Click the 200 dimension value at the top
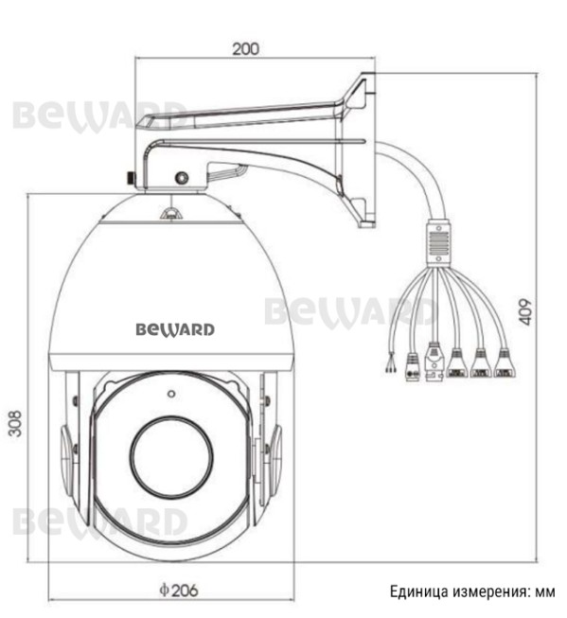[x=246, y=49]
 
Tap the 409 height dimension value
[x=525, y=312]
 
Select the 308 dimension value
[x=15, y=424]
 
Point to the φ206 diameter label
[x=179, y=590]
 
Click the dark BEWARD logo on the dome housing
[x=175, y=329]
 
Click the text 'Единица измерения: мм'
[x=472, y=592]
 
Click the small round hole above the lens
[x=171, y=394]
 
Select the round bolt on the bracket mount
[x=182, y=178]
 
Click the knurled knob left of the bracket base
[x=130, y=178]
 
